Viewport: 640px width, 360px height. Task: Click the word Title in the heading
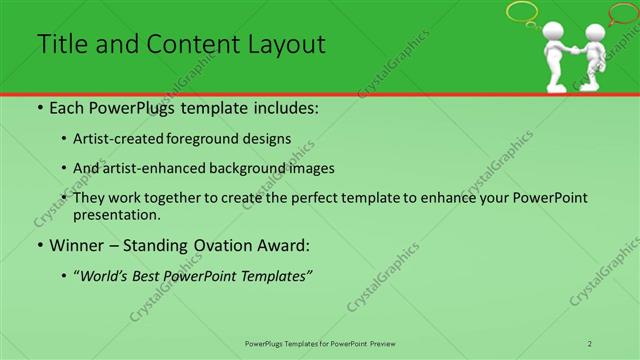[59, 44]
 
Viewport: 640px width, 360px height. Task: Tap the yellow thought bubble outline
[522, 12]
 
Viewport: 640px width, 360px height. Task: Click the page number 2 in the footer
[590, 343]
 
